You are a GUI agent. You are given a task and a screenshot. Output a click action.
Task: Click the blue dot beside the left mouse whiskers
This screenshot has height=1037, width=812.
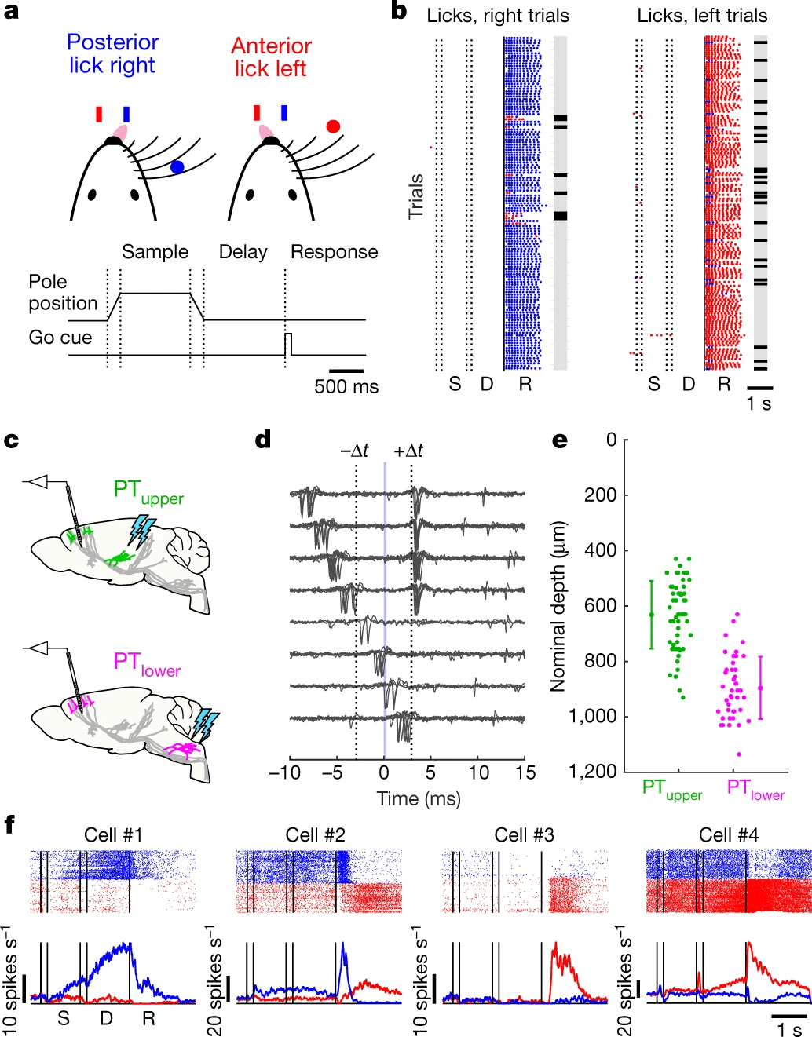coord(177,166)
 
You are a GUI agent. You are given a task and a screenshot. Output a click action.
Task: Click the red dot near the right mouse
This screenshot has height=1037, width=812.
coord(333,126)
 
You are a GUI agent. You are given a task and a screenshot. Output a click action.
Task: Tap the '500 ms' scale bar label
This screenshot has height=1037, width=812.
coord(346,387)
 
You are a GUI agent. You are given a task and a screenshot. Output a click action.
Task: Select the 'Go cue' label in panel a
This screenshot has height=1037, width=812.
coord(60,338)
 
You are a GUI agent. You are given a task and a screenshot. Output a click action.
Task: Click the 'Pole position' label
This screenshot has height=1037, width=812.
coord(63,293)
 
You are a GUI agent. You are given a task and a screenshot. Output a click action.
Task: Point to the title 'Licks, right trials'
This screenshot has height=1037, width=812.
coord(498,16)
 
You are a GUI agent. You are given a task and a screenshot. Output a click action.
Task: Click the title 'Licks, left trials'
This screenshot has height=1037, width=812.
coord(702,16)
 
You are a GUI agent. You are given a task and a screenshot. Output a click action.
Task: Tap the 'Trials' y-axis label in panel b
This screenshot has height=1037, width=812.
coord(415,196)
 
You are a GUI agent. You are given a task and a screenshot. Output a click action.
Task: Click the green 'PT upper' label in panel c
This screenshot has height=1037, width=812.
coord(148,491)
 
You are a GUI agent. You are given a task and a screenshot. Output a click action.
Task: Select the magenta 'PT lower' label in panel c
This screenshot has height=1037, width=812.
coord(147,663)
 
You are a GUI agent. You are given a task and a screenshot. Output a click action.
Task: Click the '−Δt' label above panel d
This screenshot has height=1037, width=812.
coord(354,451)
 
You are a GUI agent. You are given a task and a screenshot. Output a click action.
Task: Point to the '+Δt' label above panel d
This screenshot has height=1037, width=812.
coord(408,451)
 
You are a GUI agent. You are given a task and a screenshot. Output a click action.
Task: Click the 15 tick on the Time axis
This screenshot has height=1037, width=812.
coord(525,773)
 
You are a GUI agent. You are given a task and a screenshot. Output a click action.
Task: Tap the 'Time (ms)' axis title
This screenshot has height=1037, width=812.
coord(419,799)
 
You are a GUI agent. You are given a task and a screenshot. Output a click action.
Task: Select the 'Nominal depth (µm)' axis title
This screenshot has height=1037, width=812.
coord(558,607)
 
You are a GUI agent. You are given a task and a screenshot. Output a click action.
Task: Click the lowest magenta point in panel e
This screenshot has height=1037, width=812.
coord(738,754)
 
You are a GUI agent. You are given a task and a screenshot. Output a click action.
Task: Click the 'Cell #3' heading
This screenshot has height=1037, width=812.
coord(524,835)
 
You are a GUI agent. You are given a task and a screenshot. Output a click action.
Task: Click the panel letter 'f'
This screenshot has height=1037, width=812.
coord(9,824)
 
